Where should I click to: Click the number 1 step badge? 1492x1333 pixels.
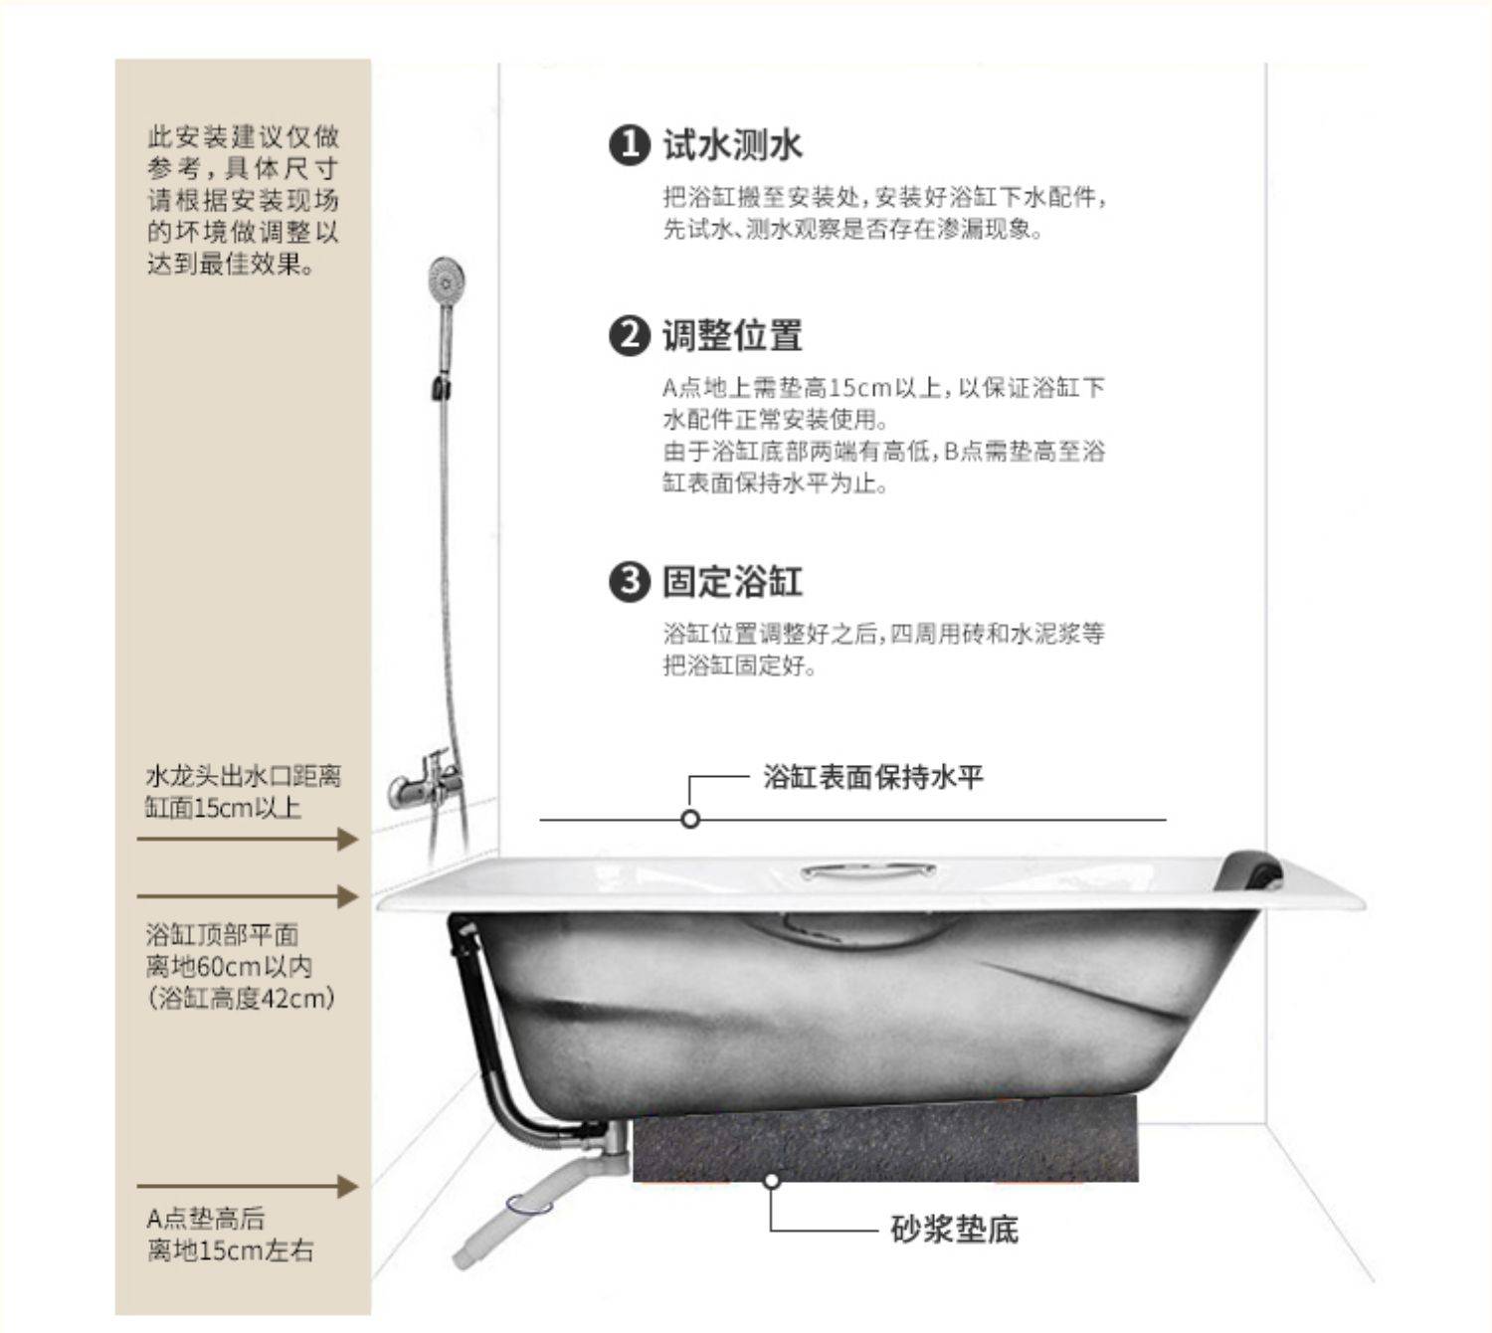point(630,145)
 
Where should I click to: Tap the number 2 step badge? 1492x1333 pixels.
point(630,336)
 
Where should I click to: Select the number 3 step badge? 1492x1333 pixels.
point(630,581)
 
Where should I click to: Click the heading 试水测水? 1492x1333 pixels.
point(732,144)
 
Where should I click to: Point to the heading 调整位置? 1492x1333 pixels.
point(732,335)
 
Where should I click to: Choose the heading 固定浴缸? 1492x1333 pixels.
point(732,581)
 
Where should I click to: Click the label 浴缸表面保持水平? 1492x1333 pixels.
point(872,776)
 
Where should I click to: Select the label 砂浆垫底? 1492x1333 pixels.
point(955,1230)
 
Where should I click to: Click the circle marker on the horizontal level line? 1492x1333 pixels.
point(690,819)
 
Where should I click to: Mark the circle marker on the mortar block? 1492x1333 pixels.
point(771,1181)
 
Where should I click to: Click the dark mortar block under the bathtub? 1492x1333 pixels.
point(885,1139)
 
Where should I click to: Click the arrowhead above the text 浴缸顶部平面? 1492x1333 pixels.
point(347,896)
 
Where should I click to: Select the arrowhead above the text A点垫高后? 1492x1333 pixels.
point(347,1187)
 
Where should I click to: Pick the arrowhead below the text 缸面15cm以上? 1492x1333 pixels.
point(347,839)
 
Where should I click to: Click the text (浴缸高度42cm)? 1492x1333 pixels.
point(242,999)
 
